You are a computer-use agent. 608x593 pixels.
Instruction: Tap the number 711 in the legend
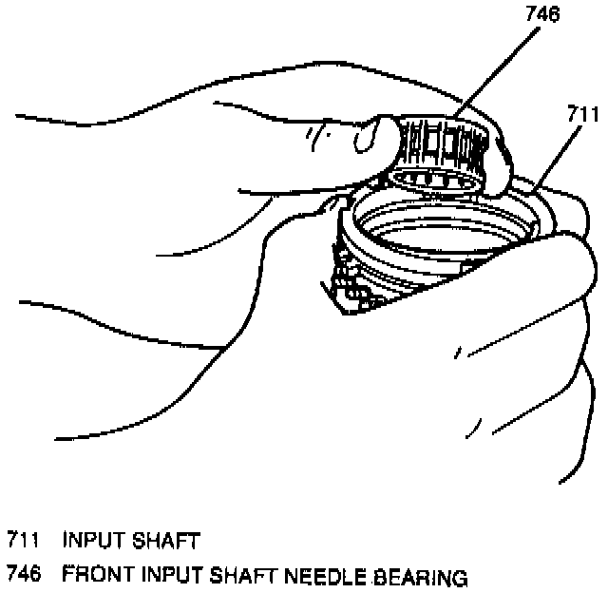[x=23, y=543]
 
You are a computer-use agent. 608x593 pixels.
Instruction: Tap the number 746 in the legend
[x=23, y=576]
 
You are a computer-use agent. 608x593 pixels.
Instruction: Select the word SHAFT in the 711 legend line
[x=166, y=543]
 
